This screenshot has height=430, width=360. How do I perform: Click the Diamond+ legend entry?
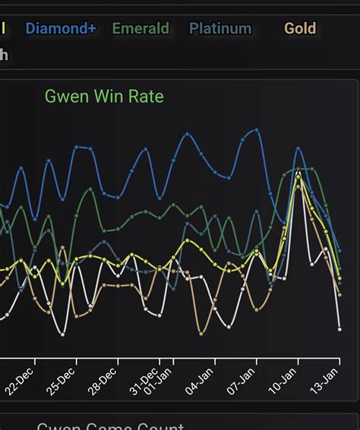[x=61, y=29]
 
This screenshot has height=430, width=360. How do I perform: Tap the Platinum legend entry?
[x=220, y=29]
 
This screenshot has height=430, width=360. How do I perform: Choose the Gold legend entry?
[x=300, y=29]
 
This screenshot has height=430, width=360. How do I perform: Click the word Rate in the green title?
[x=146, y=96]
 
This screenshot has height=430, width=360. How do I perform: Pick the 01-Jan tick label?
[x=159, y=384]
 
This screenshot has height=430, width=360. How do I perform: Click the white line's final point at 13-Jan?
[x=339, y=329]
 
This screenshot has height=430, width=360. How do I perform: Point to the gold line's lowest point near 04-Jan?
[x=201, y=333]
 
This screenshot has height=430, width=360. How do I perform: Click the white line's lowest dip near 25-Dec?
[x=63, y=334]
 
